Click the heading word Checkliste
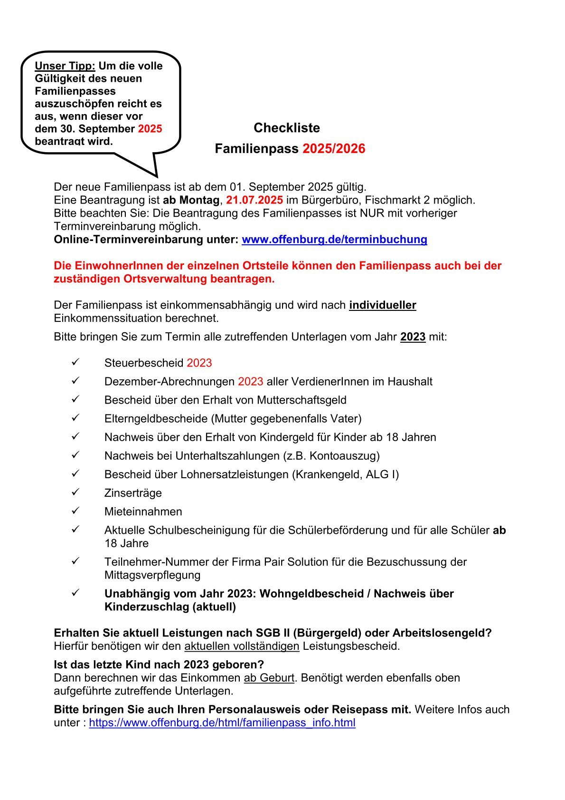point(287,128)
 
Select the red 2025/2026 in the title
point(334,149)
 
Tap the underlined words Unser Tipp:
point(65,66)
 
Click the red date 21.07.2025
point(254,200)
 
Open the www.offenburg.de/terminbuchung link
point(334,239)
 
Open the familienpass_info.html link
point(222,723)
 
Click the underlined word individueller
point(382,305)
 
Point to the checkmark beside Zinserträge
point(75,492)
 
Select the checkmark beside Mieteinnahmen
point(75,511)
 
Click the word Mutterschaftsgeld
point(301,400)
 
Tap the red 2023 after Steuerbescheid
point(199,363)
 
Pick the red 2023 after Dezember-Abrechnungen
point(250,382)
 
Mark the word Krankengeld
point(329,474)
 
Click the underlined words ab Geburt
point(269,678)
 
